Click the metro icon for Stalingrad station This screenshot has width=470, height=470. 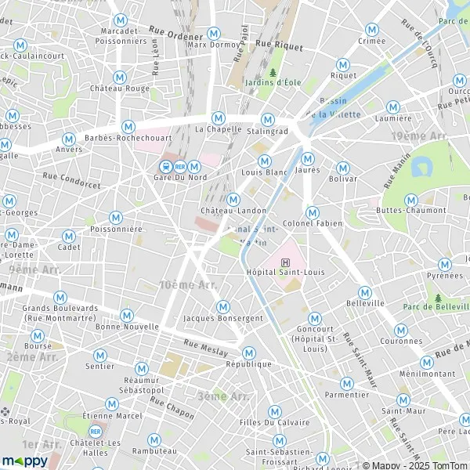click(x=268, y=119)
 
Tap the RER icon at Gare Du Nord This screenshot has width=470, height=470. click(x=180, y=166)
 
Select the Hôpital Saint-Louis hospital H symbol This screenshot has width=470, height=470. click(x=284, y=262)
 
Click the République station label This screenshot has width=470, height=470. click(x=248, y=364)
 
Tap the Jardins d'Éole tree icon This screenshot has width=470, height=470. click(x=273, y=73)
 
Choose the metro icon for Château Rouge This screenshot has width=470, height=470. click(x=119, y=77)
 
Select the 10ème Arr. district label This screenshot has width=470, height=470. click(x=188, y=285)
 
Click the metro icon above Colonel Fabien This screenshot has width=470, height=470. click(x=313, y=212)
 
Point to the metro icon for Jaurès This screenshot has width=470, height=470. click(x=307, y=157)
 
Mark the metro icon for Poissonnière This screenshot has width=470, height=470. click(x=116, y=217)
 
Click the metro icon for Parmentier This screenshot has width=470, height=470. click(x=346, y=383)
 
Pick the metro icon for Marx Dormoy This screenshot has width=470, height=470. click(x=214, y=33)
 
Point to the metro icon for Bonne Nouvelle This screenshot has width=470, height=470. click(x=127, y=314)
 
